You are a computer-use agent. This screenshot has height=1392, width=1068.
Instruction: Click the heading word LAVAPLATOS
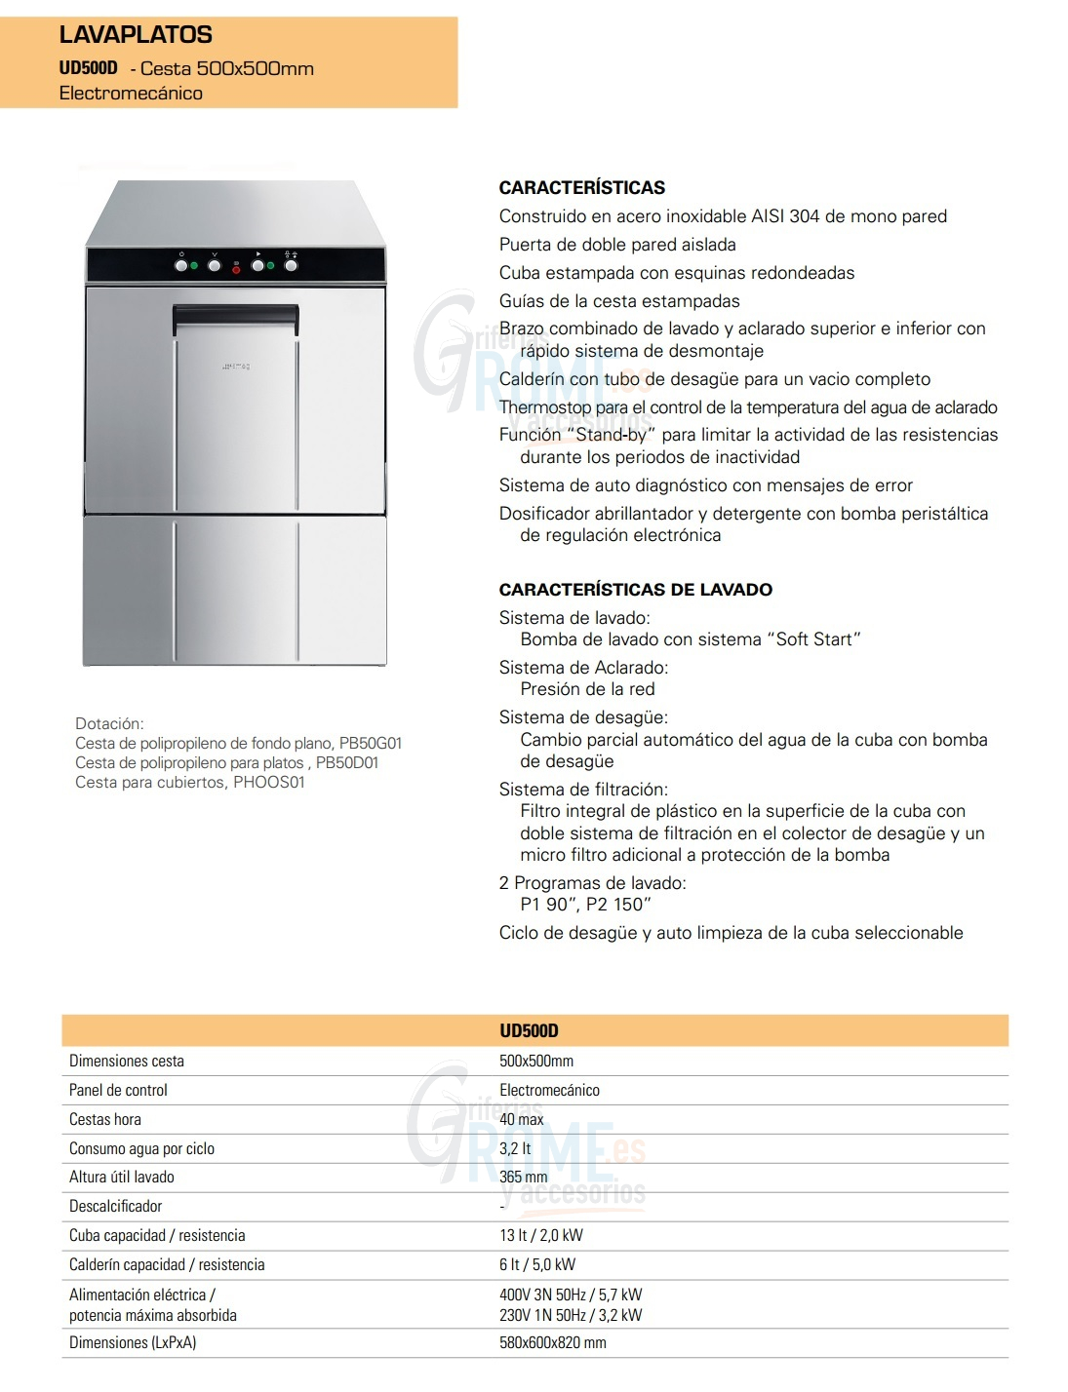pos(136,35)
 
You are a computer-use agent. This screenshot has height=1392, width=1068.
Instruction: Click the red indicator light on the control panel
pos(236,269)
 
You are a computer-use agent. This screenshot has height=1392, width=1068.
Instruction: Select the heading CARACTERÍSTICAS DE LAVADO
pos(635,590)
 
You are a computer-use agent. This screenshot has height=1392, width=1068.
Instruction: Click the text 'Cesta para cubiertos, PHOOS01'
pos(190,782)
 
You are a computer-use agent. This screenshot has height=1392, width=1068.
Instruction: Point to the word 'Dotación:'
pos(109,723)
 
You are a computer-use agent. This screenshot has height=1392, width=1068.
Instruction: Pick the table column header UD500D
pos(529,1030)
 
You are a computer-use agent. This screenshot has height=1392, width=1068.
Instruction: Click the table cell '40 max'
pos(521,1119)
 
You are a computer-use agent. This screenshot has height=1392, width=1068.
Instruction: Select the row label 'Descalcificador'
pos(115,1206)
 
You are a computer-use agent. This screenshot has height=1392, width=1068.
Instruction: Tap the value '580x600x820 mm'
pos(552,1342)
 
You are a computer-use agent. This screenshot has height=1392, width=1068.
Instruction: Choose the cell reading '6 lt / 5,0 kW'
pos(537,1264)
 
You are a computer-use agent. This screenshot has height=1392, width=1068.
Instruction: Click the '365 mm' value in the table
pos(524,1177)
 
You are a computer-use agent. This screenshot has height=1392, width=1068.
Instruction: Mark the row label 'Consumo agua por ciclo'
pos(141,1148)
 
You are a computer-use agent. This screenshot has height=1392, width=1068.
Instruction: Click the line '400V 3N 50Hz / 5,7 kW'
pos(571,1295)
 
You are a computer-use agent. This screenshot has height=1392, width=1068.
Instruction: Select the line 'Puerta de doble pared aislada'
pos(617,245)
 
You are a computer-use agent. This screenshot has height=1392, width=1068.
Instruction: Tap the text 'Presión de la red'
pos(587,689)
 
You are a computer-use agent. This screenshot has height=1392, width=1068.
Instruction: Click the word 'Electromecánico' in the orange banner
pos(131,94)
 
